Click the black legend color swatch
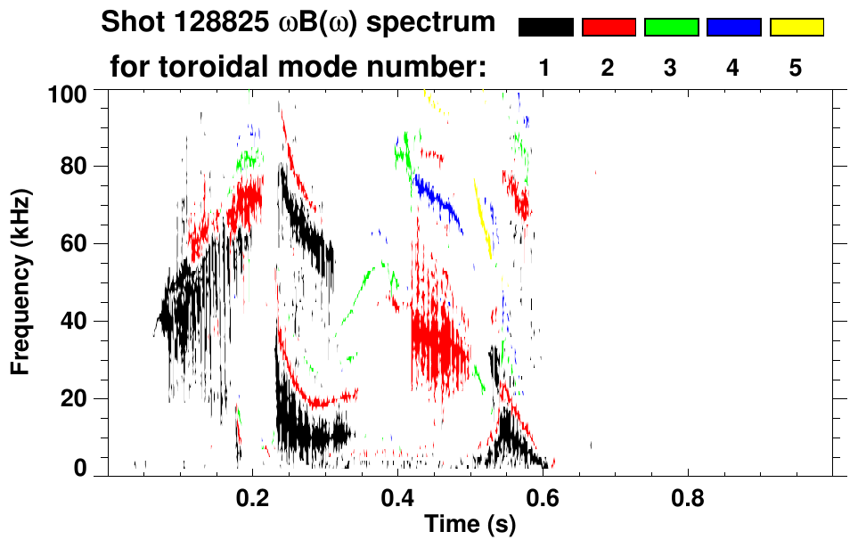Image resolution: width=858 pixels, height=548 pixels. point(546,28)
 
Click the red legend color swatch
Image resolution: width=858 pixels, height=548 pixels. point(609,28)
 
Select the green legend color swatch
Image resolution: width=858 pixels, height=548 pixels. point(671,28)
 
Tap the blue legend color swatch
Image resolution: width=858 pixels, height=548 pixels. point(733,28)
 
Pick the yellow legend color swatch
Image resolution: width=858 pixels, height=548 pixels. point(797,28)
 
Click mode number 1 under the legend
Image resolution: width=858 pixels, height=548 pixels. point(544,69)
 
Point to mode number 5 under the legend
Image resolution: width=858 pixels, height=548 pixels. point(796,69)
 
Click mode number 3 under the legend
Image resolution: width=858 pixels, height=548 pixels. point(671,69)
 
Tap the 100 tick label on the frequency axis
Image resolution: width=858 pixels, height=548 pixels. point(68,93)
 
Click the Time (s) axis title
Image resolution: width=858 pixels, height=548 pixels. point(470,526)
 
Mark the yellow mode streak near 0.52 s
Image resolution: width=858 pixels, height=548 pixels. point(482,219)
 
